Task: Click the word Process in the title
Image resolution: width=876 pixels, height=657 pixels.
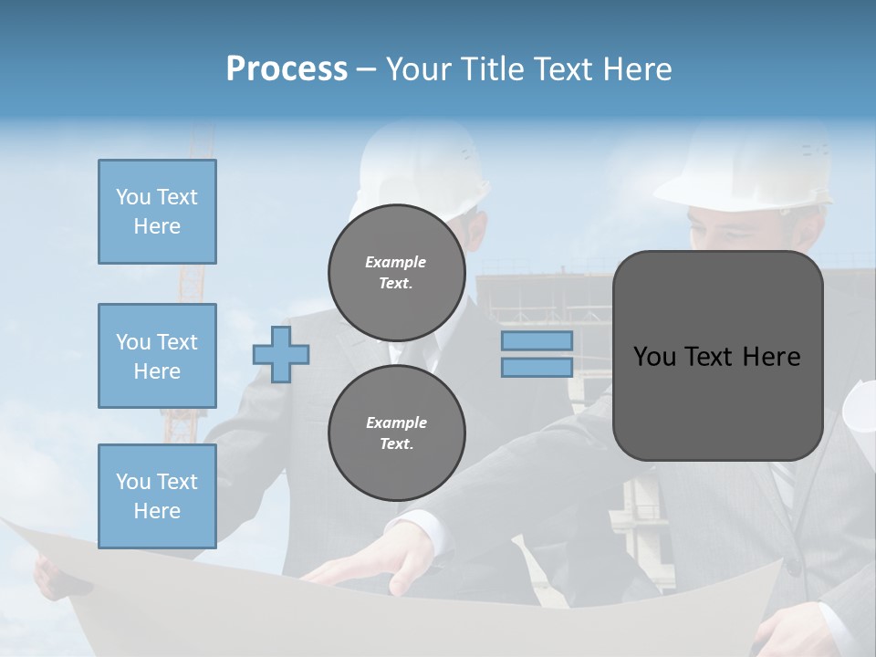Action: click(x=287, y=69)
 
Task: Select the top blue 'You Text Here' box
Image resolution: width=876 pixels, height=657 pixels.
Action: click(x=157, y=212)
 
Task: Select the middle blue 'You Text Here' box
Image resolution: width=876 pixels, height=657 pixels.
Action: click(x=157, y=356)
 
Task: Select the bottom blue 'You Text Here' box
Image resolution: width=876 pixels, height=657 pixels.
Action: click(x=157, y=496)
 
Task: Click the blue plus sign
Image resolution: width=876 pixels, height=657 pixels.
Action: click(x=281, y=354)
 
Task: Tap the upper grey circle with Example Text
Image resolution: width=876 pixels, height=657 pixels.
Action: click(x=396, y=272)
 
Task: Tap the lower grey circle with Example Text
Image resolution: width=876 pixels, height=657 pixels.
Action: click(x=396, y=433)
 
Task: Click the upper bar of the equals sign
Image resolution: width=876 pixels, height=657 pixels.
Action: click(x=537, y=340)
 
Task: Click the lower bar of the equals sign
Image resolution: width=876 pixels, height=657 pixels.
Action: click(x=537, y=368)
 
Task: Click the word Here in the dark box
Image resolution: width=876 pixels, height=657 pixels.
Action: click(x=771, y=357)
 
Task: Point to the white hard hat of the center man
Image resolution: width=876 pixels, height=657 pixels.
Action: click(x=420, y=164)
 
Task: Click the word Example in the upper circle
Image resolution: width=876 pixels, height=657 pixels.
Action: click(x=395, y=262)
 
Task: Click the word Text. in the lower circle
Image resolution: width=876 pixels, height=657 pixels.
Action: click(x=396, y=443)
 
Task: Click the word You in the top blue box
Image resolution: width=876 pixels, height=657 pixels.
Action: click(x=132, y=197)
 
